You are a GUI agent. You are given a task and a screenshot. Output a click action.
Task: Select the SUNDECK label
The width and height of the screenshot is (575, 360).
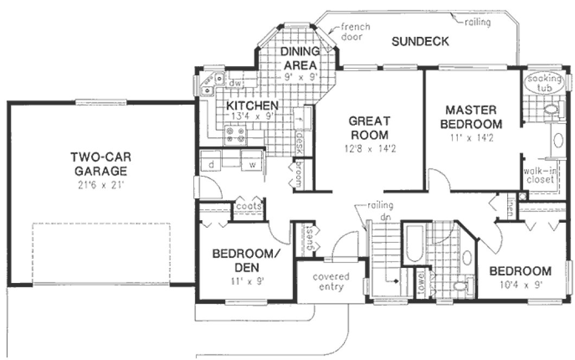pyautogui.click(x=420, y=42)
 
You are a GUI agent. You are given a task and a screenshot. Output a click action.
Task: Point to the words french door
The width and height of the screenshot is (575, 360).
pyautogui.click(x=355, y=32)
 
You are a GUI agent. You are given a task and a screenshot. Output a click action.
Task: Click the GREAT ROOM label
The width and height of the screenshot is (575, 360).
pyautogui.click(x=369, y=127)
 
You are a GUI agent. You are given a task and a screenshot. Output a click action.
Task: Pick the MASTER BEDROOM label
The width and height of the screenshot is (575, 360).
pyautogui.click(x=471, y=116)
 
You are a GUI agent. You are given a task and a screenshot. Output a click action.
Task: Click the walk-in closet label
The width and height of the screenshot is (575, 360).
pyautogui.click(x=539, y=175)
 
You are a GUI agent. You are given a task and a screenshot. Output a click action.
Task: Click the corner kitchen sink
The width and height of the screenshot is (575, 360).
pyautogui.click(x=208, y=83)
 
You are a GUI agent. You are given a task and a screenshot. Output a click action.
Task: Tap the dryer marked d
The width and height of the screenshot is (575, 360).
pyautogui.click(x=212, y=164)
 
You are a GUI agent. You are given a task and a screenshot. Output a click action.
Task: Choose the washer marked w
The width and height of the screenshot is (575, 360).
pyautogui.click(x=252, y=164)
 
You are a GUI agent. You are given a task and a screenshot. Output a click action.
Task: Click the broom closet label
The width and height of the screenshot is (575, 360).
pyautogui.click(x=297, y=175)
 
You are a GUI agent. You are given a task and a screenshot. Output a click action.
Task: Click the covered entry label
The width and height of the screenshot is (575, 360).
pyautogui.click(x=331, y=281)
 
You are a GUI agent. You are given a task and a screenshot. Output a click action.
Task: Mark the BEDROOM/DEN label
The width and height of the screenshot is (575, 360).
pyautogui.click(x=237, y=260)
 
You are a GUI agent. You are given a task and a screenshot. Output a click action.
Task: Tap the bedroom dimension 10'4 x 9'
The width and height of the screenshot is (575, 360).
pyautogui.click(x=520, y=284)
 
